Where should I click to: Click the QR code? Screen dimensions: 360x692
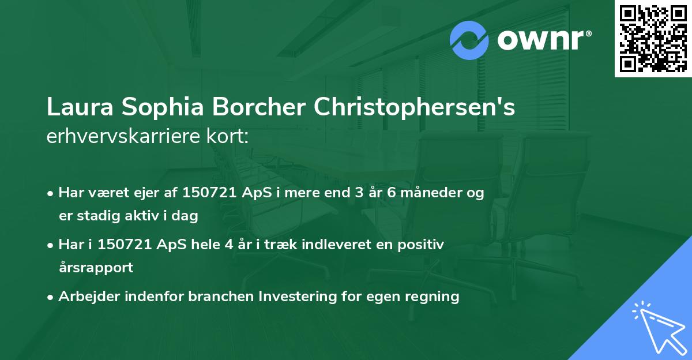pyautogui.click(x=653, y=39)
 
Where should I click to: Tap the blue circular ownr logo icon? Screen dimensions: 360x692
pyautogui.click(x=469, y=40)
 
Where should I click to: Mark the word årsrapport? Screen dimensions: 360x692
pyautogui.click(x=96, y=268)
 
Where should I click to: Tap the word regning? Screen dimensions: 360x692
pyautogui.click(x=435, y=297)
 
